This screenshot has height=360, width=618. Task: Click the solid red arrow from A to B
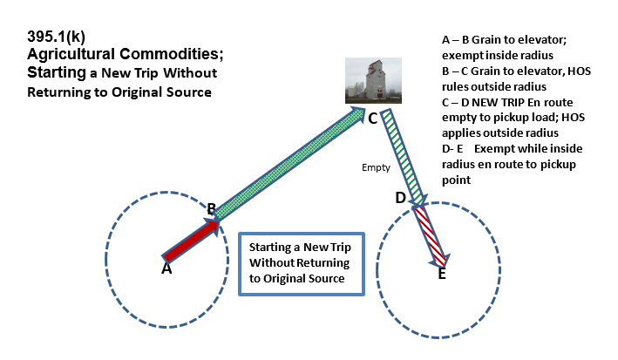point(192,240)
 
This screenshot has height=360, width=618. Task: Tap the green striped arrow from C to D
point(404,158)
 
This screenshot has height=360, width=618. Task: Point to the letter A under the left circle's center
point(166,269)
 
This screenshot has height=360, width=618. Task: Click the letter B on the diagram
point(211,208)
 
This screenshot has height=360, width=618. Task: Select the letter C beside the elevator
point(372,119)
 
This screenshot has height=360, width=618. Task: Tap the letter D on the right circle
point(400,198)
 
